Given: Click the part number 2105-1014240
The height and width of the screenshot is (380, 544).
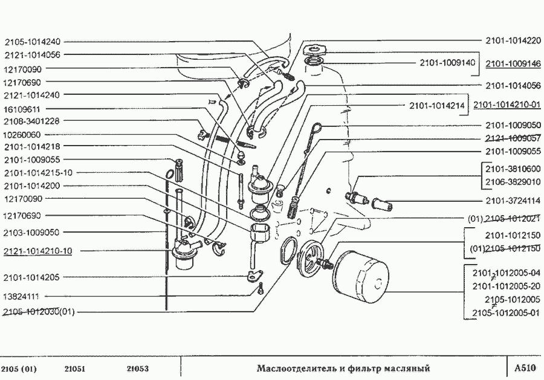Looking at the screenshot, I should [32, 42].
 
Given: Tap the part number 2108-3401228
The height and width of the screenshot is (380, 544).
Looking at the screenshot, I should [31, 121].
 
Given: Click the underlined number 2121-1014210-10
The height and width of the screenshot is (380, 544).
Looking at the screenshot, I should [37, 251].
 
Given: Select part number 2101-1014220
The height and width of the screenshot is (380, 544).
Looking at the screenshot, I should [513, 41].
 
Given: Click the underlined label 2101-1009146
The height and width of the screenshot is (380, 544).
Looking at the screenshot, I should [513, 63].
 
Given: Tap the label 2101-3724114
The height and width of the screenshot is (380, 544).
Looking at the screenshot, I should [513, 201].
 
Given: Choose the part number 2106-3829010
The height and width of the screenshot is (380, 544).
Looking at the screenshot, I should [513, 182].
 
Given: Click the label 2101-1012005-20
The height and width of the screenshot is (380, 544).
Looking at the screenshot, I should [506, 286].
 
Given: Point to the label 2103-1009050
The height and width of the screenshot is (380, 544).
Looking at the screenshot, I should [31, 233].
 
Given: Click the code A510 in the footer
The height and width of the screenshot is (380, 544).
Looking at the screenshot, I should [524, 368].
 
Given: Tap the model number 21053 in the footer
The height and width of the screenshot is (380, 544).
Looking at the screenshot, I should [138, 369].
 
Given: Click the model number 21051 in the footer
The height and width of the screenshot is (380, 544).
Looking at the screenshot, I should [75, 369].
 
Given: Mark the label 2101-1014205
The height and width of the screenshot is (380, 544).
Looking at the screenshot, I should [31, 277].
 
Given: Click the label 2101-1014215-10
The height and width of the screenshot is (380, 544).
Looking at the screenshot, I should [37, 173].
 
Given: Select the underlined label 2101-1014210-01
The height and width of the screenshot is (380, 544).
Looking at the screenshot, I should [507, 105].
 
